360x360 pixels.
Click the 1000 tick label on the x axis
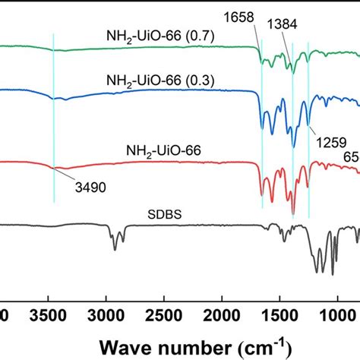pyautogui.click(x=337, y=314)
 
